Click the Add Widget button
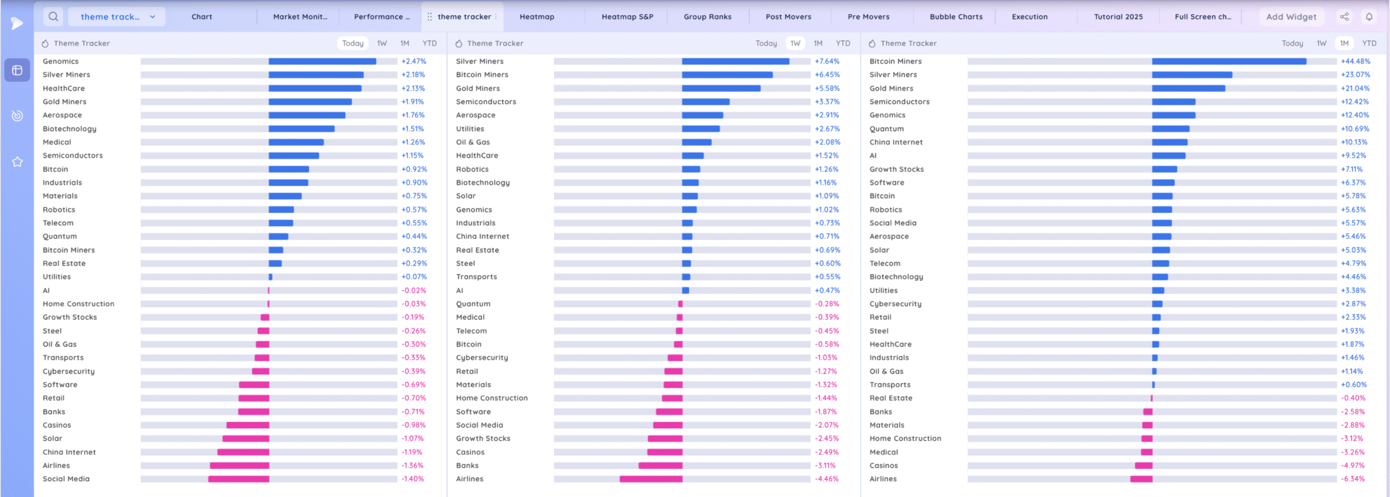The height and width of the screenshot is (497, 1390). click(1291, 17)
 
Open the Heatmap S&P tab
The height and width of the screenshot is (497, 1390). click(627, 17)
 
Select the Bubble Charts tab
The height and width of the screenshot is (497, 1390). click(956, 17)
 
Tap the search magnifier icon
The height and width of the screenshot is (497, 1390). click(53, 17)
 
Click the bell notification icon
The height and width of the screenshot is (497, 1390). click(1369, 17)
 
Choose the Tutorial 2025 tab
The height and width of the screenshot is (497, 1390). click(1118, 17)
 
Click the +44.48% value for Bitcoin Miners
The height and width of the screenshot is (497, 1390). click(1355, 61)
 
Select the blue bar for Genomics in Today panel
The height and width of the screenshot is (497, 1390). click(322, 61)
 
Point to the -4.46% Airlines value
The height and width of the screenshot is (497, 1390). click(826, 479)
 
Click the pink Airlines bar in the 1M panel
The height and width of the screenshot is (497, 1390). click(1141, 479)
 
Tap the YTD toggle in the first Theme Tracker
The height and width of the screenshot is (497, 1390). click(429, 43)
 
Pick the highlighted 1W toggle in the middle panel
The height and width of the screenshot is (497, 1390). click(795, 43)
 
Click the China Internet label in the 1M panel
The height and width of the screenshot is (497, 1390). click(896, 142)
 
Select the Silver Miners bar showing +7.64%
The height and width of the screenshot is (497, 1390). click(735, 61)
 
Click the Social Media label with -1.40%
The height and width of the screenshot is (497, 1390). click(66, 479)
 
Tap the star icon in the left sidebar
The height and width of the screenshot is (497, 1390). click(17, 162)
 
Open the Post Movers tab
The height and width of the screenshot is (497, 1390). click(788, 17)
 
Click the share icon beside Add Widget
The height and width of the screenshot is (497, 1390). click(1344, 17)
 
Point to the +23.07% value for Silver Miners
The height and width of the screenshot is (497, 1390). click(1355, 75)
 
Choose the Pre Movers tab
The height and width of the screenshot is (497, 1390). click(868, 17)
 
